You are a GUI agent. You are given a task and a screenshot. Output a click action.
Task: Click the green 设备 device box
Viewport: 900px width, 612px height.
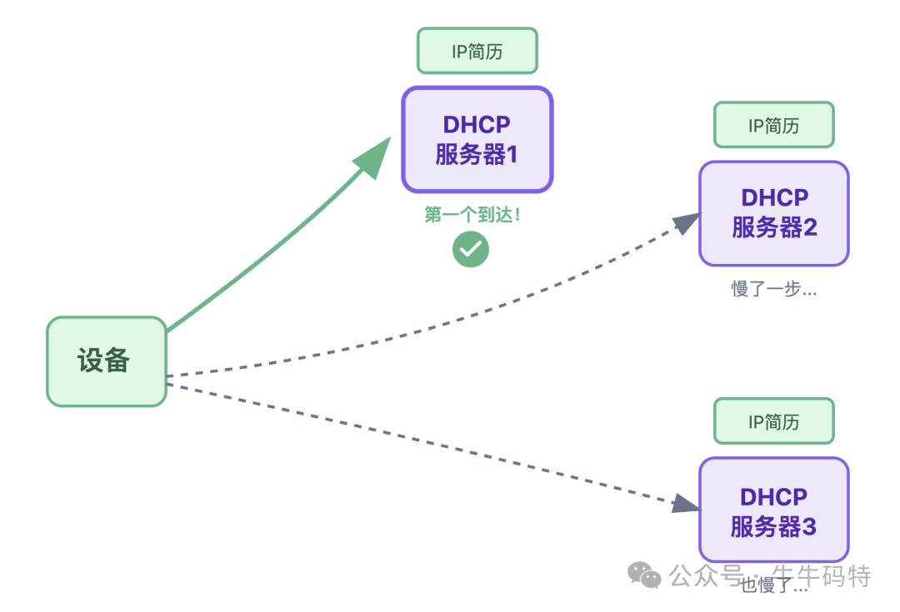(106, 361)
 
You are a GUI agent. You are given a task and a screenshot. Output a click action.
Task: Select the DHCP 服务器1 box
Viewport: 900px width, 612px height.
(477, 139)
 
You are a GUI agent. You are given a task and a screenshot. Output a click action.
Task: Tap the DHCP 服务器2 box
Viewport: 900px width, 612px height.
(773, 213)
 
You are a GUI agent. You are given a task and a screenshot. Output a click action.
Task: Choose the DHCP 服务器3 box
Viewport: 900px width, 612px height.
(773, 510)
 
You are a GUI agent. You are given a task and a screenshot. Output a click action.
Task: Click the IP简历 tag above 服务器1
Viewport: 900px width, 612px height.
(477, 51)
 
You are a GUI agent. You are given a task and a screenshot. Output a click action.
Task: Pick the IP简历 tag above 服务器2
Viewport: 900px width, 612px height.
(773, 125)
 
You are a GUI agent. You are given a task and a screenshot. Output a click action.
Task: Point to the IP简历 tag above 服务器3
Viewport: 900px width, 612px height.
(773, 421)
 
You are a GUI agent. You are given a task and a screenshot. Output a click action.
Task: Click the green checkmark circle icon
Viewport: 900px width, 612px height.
(471, 249)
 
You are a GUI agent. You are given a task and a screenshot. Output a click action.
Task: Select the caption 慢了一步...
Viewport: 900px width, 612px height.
(773, 290)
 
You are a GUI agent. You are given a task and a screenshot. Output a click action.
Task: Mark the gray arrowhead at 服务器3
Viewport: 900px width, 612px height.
(684, 503)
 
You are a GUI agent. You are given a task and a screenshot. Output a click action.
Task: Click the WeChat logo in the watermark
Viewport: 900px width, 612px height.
(644, 575)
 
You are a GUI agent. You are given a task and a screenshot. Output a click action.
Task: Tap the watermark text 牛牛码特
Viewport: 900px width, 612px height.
(822, 575)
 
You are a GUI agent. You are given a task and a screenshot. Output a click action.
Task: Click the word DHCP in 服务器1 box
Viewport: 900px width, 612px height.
(477, 124)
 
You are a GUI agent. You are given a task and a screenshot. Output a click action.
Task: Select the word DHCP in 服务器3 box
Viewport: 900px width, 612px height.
(773, 497)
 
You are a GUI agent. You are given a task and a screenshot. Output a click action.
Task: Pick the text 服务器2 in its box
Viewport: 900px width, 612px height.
(774, 227)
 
